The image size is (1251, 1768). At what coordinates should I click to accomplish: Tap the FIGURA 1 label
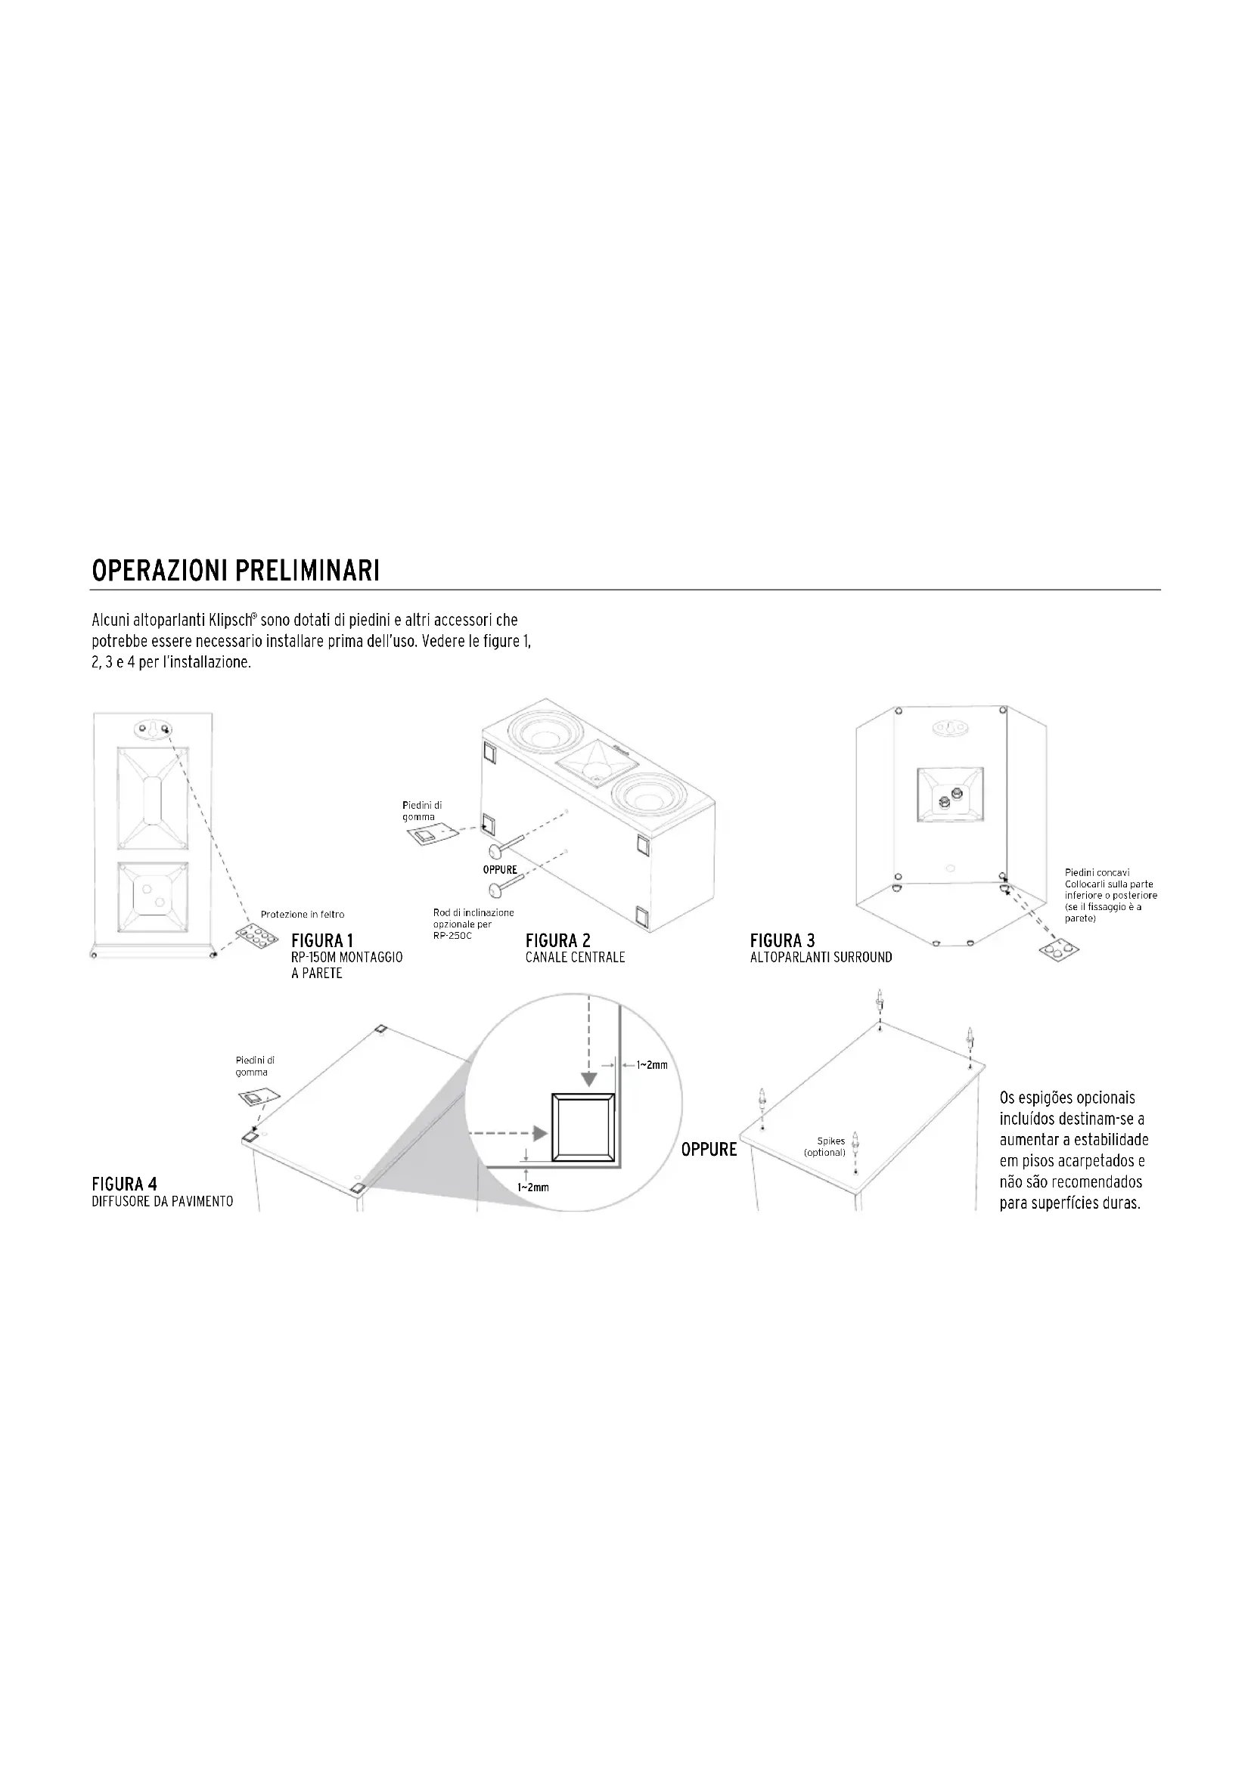pyautogui.click(x=322, y=940)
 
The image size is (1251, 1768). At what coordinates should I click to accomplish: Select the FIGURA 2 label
pyautogui.click(x=557, y=940)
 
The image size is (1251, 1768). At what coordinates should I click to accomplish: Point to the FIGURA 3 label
pyautogui.click(x=782, y=940)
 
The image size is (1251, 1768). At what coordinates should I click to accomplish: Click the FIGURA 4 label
pyautogui.click(x=124, y=1184)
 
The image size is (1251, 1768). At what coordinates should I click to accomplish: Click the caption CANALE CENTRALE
pyautogui.click(x=575, y=957)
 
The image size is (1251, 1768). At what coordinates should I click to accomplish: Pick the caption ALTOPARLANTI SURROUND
pyautogui.click(x=821, y=957)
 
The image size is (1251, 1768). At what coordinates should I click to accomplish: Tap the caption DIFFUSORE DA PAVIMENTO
pyautogui.click(x=163, y=1201)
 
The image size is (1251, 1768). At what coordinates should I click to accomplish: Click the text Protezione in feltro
pyautogui.click(x=303, y=914)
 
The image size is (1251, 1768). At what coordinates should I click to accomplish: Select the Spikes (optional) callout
pyautogui.click(x=825, y=1147)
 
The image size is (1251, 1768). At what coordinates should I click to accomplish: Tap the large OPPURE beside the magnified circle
pyautogui.click(x=709, y=1150)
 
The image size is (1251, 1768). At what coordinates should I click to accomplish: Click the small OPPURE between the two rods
pyautogui.click(x=500, y=869)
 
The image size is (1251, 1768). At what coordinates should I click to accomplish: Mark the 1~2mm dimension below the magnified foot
pyautogui.click(x=532, y=1187)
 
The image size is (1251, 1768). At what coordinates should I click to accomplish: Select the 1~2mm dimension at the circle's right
pyautogui.click(x=651, y=1065)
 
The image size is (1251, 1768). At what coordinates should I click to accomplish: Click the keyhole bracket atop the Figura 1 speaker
pyautogui.click(x=153, y=729)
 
